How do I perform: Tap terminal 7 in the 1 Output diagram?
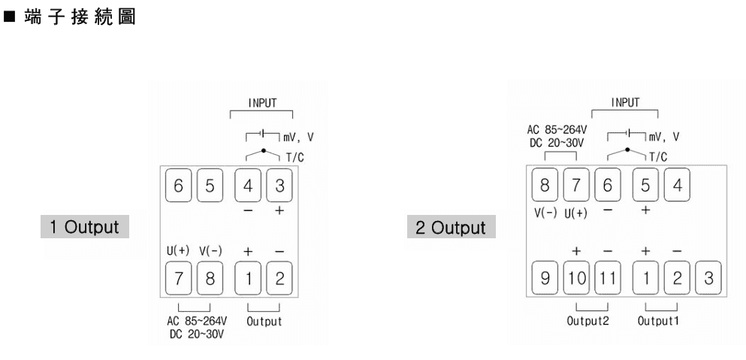coord(177,279)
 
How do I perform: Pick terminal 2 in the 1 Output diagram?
coord(279,279)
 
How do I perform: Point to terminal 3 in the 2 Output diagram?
coord(708,279)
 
